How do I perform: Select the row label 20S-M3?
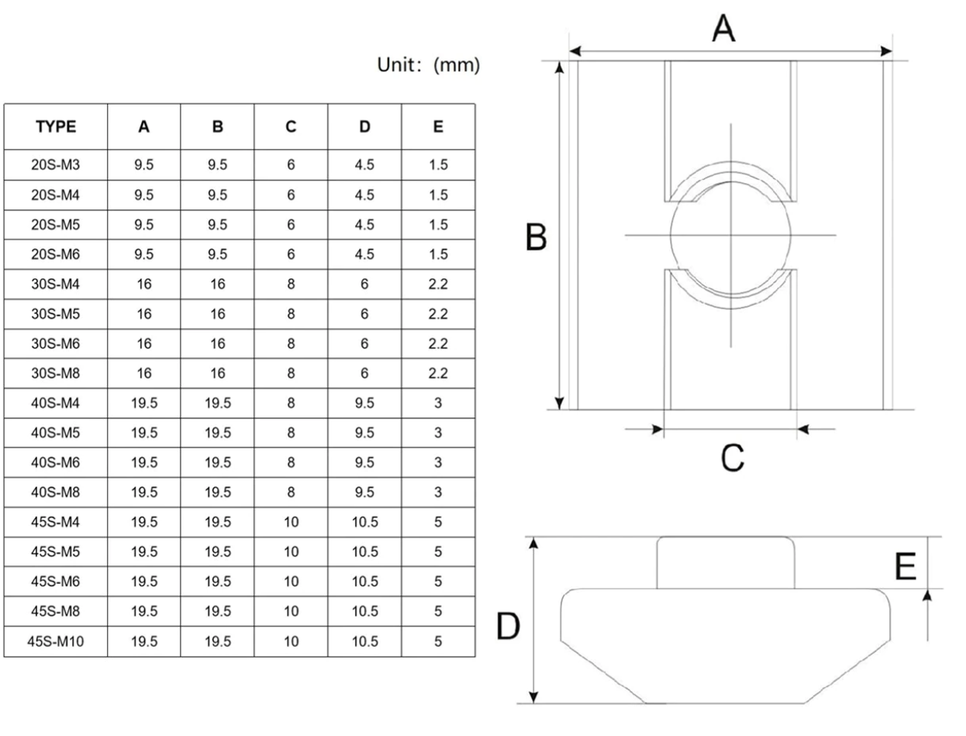click(56, 165)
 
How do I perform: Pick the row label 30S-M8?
click(56, 374)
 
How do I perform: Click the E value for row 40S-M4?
click(438, 403)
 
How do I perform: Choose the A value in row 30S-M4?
click(144, 284)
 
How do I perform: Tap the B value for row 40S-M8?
click(218, 492)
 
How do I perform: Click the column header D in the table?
click(364, 127)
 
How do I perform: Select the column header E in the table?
click(438, 127)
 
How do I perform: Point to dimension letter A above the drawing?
click(723, 29)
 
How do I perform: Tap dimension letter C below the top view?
click(731, 458)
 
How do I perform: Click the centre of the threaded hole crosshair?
click(730, 235)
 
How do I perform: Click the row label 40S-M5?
click(56, 433)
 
